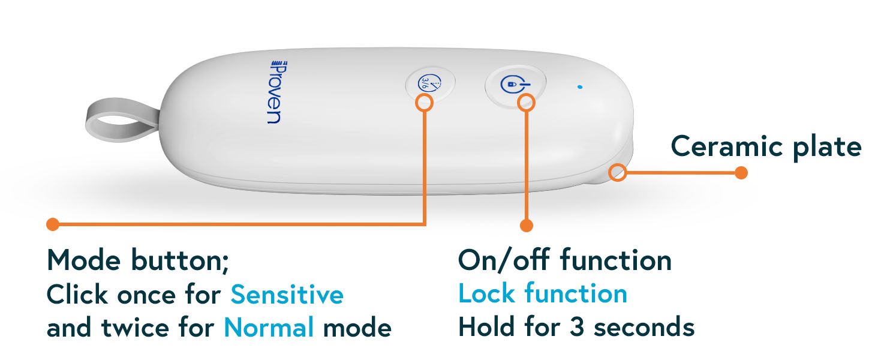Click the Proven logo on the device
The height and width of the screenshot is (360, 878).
[275, 91]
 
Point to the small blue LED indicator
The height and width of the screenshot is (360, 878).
[579, 87]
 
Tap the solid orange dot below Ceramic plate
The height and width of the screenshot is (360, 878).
[741, 173]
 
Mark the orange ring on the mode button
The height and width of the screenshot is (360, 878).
[424, 103]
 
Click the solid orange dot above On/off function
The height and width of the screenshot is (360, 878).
[527, 226]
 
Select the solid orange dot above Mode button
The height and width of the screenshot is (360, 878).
[53, 224]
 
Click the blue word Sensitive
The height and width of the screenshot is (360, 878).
[287, 295]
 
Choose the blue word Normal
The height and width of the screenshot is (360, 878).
[269, 328]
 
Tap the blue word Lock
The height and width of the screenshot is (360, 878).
[486, 294]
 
